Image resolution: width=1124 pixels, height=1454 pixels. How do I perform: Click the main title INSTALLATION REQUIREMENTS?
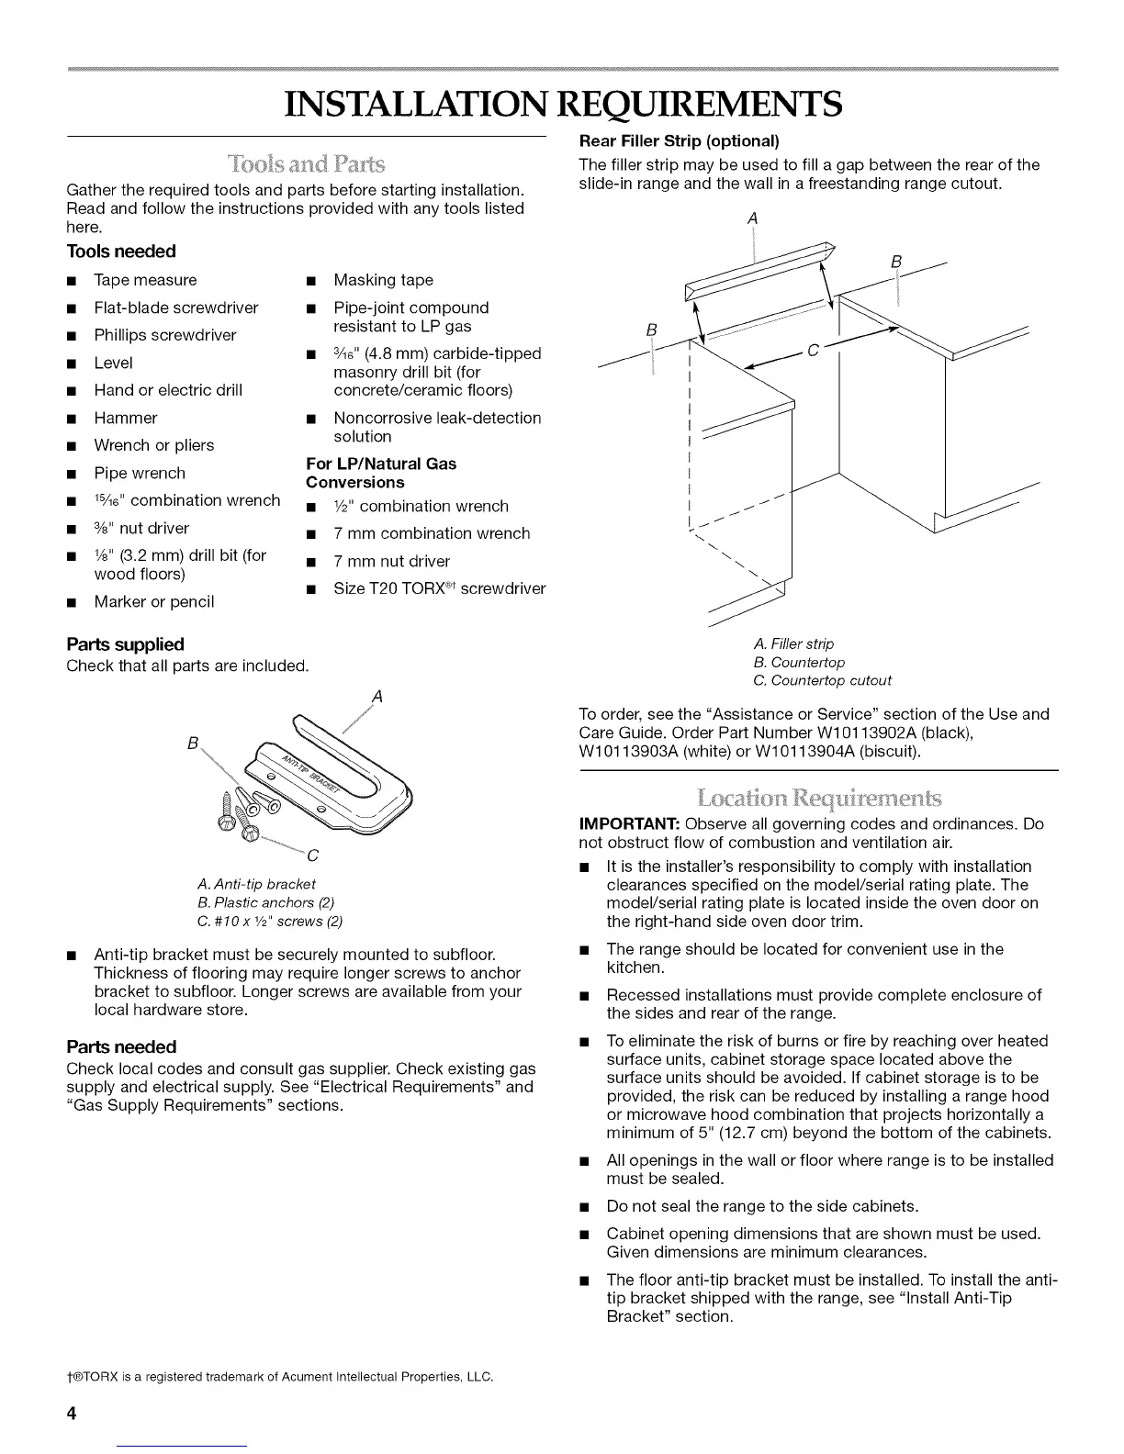(x=562, y=105)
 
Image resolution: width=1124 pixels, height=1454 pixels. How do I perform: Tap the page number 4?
(x=70, y=1413)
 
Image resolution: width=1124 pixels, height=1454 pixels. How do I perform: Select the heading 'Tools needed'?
(x=121, y=252)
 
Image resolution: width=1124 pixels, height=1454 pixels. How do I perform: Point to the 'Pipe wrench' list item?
(x=140, y=474)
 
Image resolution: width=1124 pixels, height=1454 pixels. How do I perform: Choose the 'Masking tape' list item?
(x=383, y=280)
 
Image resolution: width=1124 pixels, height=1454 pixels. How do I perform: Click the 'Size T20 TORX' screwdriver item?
(x=439, y=588)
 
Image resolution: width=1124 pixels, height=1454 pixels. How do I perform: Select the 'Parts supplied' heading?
(x=126, y=644)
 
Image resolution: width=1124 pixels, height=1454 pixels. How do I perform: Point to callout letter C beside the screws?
(x=312, y=856)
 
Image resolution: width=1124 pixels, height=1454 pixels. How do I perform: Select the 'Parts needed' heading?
(x=121, y=1047)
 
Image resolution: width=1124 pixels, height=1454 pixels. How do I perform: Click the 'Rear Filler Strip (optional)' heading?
(x=679, y=141)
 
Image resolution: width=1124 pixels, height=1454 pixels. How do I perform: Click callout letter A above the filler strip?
(x=752, y=218)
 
